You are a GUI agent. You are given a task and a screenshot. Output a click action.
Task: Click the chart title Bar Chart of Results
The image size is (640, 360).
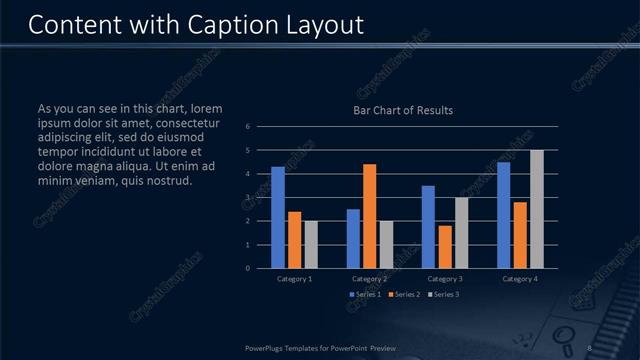(403, 110)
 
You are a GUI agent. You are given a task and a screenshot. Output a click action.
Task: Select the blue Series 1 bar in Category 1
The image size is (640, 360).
(278, 217)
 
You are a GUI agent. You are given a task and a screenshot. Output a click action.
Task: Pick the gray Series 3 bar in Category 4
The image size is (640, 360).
(537, 209)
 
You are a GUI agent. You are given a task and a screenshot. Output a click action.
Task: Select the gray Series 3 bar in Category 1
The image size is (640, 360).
(311, 244)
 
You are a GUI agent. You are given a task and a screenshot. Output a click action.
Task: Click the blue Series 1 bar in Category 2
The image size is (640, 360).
(353, 238)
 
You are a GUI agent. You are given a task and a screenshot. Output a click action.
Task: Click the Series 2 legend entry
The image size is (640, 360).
(404, 294)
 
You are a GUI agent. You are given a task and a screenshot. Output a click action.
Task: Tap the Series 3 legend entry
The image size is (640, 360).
(443, 294)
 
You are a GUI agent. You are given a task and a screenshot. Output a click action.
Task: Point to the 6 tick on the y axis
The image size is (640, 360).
(247, 126)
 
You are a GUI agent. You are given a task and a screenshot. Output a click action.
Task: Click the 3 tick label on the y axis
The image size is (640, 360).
(247, 197)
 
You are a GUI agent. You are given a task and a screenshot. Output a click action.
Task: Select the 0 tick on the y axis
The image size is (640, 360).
(247, 268)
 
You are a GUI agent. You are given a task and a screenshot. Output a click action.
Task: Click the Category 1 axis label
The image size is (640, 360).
(294, 278)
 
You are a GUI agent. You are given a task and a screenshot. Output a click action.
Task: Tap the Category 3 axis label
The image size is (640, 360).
(444, 278)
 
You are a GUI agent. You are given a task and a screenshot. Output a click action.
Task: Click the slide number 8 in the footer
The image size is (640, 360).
(590, 347)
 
